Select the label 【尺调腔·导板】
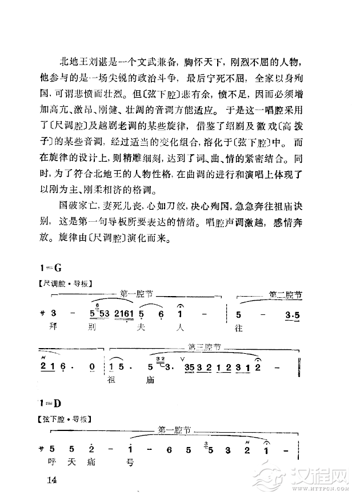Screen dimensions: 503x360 [x=64, y=283]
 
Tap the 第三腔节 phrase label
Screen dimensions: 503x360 [x=205, y=346]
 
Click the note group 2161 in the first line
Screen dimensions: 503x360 [x=125, y=314]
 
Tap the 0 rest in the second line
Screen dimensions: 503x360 [x=92, y=365]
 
